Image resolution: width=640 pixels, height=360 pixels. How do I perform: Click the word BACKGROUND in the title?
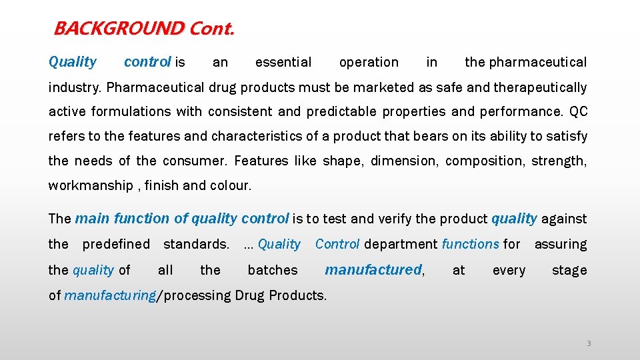pos(119,29)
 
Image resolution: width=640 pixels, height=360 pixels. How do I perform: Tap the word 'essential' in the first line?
pos(283,63)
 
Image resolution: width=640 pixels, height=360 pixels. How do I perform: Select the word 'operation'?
pos(369,63)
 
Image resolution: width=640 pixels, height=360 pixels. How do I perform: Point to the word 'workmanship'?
pos(91,186)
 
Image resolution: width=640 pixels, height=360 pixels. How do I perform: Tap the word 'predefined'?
pos(116,244)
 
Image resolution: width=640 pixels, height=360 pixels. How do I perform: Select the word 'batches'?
pos(273,270)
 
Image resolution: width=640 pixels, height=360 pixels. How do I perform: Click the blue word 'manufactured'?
pos(373,270)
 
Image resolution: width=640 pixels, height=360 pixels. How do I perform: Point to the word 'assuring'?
pos(561,245)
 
